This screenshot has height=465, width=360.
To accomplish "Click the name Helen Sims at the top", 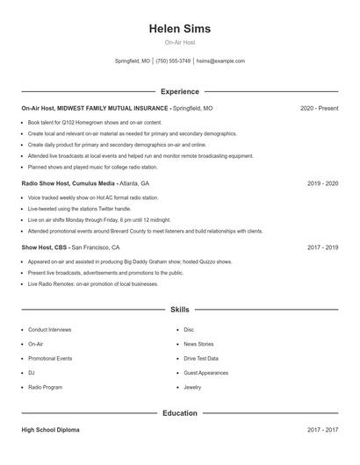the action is coord(179,28).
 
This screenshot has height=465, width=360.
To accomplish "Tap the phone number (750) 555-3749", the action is coord(173,61).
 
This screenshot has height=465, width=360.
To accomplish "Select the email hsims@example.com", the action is coord(220,61).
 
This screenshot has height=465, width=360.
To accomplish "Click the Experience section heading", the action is coord(179,91).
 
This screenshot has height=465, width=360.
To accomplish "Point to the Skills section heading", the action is coord(179,310).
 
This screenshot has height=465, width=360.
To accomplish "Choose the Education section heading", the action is coord(179,412).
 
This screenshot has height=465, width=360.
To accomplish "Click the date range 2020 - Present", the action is coord(319,108).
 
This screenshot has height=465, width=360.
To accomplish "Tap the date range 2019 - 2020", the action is coord(322,184).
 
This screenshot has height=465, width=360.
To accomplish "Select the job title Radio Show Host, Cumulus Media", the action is coord(68,184).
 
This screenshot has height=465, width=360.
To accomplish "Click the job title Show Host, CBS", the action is coord(44,247).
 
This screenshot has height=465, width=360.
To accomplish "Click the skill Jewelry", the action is coord(192,387).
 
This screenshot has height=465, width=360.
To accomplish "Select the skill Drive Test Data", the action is coord(201,359).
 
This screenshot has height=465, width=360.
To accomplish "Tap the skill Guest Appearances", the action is coord(205,373).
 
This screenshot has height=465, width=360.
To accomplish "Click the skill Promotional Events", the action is coord(50,359).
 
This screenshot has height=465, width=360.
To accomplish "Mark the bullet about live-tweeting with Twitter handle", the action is coord(80,209).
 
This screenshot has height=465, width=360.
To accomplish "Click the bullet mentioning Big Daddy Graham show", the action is coord(129,261).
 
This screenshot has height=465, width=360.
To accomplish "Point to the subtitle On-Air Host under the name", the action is coord(179,43).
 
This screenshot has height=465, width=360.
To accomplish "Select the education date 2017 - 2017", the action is coord(322,430).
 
